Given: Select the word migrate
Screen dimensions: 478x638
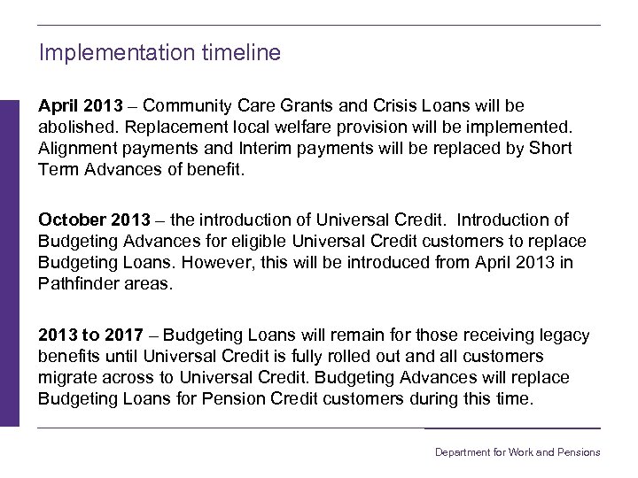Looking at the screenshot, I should (x=67, y=378).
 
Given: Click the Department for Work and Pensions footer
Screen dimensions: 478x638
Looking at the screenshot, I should (x=517, y=452).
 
